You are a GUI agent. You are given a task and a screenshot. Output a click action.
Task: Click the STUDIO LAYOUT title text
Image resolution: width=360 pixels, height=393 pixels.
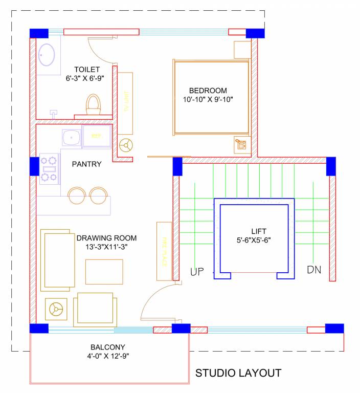click(238, 373)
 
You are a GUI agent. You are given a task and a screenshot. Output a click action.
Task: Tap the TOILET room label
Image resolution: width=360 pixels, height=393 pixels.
click(86, 70)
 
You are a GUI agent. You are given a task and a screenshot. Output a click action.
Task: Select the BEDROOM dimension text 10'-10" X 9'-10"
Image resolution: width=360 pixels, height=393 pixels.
click(209, 99)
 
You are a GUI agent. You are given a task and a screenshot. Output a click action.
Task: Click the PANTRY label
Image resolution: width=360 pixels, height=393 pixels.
click(86, 164)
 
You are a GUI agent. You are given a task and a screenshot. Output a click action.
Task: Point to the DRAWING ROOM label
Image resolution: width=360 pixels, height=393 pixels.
click(107, 238)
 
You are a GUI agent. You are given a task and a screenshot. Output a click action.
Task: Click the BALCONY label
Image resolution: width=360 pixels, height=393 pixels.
click(108, 347)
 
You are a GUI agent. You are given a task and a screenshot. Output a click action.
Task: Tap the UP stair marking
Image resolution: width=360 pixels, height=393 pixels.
click(197, 271)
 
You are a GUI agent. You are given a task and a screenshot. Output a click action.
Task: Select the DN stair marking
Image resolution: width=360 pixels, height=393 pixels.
click(314, 270)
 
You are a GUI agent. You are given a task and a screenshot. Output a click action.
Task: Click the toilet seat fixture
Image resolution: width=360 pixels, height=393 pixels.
click(93, 104)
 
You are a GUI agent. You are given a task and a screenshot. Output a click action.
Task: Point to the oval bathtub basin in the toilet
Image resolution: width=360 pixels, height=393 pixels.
click(47, 55)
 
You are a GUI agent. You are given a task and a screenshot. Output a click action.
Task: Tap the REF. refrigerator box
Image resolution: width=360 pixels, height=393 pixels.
click(97, 136)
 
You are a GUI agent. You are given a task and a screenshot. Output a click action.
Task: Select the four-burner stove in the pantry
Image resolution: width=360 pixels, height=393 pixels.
click(49, 169)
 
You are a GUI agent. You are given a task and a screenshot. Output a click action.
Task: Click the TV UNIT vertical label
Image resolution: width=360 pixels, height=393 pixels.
click(125, 103)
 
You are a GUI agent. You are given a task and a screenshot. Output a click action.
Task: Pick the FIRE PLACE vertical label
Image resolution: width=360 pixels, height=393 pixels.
click(165, 251)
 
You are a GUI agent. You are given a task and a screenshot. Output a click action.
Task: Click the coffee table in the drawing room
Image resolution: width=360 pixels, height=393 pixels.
click(104, 271)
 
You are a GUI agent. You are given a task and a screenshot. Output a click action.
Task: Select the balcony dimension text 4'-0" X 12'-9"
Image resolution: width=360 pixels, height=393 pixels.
click(108, 356)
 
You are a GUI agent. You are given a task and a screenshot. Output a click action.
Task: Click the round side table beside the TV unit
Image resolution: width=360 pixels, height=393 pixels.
click(125, 145)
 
